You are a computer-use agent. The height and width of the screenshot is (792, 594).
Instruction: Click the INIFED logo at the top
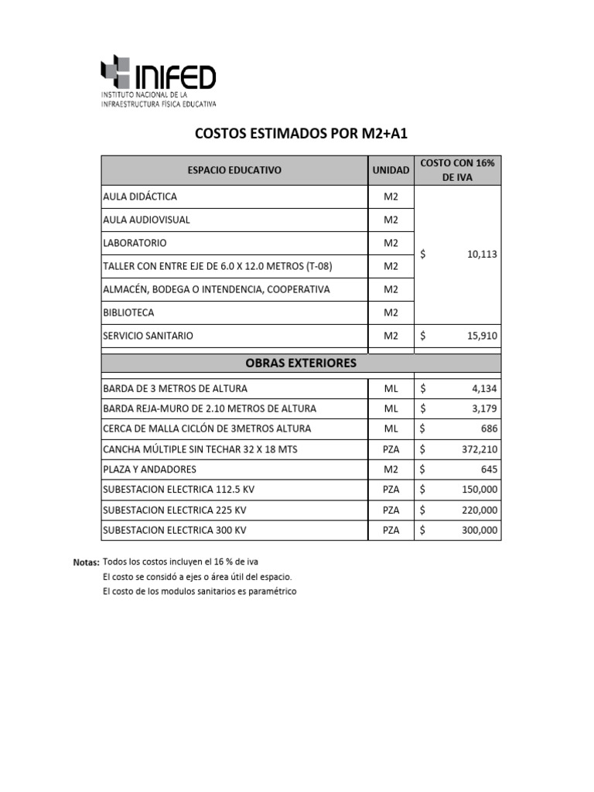tap(159, 81)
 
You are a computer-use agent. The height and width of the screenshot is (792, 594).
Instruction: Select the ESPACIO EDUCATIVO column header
tap(234, 170)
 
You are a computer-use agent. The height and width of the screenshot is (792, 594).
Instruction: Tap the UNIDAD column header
tap(391, 170)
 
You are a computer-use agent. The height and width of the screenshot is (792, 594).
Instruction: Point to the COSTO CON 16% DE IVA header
tap(458, 170)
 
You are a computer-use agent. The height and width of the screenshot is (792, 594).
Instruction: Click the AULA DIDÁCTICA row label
tap(140, 196)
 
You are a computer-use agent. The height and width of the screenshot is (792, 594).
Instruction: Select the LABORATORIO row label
tap(135, 243)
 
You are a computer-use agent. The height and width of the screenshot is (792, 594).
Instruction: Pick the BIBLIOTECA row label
tap(128, 312)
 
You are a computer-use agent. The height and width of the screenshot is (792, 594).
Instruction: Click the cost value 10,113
tap(483, 254)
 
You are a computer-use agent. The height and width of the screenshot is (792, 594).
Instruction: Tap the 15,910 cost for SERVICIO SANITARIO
tap(483, 336)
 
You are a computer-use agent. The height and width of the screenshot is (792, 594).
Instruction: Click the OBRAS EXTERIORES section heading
tap(301, 363)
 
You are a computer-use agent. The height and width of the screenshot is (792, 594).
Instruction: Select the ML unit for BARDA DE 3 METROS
tap(391, 388)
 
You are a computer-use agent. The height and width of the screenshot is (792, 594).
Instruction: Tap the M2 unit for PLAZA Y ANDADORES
tap(391, 469)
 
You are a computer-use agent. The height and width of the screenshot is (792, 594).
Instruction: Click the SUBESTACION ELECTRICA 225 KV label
tap(175, 510)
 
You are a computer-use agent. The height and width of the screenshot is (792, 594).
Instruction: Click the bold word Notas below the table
tap(87, 562)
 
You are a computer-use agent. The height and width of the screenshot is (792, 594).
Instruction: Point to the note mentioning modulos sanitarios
tap(200, 592)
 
